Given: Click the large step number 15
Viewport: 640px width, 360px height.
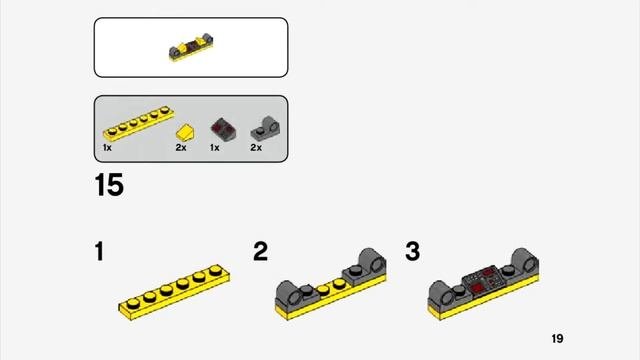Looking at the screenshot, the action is tap(109, 184).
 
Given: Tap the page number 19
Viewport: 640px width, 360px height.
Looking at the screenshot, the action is tap(557, 339).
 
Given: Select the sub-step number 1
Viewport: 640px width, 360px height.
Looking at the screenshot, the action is tap(99, 251).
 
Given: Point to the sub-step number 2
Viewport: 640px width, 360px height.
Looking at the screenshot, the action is tap(260, 251).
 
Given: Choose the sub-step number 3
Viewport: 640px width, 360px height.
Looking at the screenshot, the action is tap(413, 251).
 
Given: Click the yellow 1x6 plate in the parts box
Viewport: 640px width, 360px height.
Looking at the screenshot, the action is tap(139, 123).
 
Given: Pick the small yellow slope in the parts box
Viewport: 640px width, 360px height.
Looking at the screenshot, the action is tap(185, 133).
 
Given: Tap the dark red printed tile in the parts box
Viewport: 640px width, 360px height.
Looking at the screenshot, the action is tap(223, 129).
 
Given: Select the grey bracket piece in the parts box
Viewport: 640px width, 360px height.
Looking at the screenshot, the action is tap(265, 129).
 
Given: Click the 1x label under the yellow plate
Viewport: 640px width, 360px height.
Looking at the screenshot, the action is tap(107, 148).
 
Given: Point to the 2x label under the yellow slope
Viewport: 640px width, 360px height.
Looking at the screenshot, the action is tap(181, 148).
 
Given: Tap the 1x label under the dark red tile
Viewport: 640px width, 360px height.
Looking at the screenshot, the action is tap(215, 148).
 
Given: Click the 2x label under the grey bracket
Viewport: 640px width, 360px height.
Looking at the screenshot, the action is tap(256, 148).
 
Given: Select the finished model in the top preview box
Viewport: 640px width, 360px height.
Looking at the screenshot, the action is tap(191, 48).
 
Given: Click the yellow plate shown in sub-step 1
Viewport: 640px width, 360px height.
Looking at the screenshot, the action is tap(174, 292).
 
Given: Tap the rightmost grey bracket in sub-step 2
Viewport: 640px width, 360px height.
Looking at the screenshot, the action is tap(364, 267).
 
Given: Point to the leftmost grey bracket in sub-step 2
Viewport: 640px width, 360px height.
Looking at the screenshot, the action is tap(295, 293).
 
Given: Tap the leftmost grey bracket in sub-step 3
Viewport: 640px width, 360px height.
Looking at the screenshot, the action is tap(447, 293).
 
